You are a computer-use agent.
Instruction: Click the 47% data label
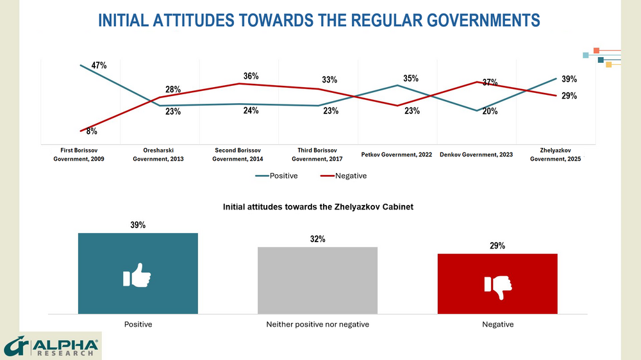click(x=99, y=65)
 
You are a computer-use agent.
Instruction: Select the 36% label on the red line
click(x=251, y=76)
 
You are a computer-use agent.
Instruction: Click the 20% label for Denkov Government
click(x=490, y=111)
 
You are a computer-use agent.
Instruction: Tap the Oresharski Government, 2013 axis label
click(x=158, y=154)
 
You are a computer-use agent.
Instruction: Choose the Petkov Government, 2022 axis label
click(x=397, y=154)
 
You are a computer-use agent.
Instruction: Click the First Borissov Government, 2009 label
click(x=79, y=154)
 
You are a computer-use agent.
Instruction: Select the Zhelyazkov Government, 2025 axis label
click(x=555, y=154)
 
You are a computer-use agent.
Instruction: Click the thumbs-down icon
click(x=497, y=286)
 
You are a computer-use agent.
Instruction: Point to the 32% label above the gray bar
click(x=317, y=239)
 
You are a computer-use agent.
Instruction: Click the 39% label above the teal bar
click(x=138, y=225)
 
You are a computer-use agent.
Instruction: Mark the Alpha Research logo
click(x=51, y=347)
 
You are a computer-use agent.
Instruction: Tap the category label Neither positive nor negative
click(x=317, y=324)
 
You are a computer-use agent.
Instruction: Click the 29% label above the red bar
click(x=497, y=245)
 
